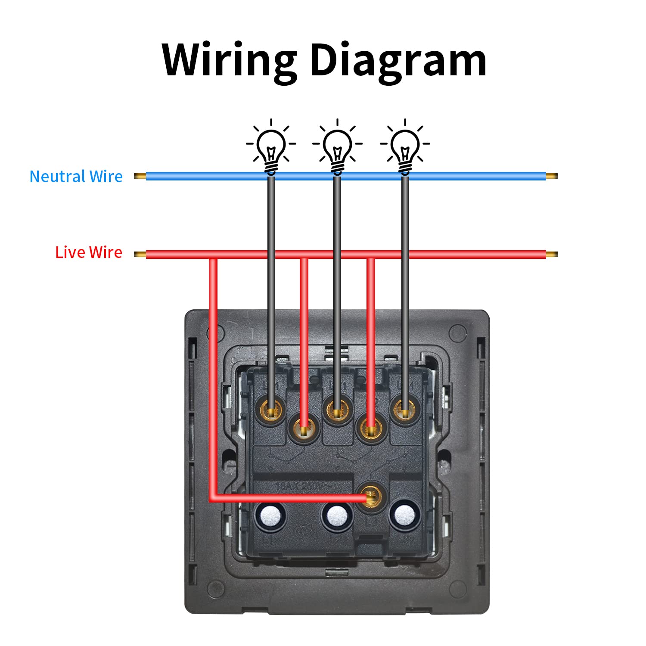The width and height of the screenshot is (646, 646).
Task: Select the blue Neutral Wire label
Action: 76,177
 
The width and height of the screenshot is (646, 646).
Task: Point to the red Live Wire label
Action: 89,252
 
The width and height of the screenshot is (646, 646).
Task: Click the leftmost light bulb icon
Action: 271,146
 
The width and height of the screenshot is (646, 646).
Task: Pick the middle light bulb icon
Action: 337,146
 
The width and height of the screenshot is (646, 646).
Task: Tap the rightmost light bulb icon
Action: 405,146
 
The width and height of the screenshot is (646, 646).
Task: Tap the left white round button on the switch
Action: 270,516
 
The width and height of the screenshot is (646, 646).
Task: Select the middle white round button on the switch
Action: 337,516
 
